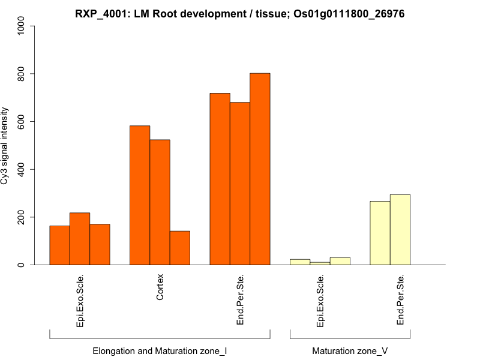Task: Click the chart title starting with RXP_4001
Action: click(239, 13)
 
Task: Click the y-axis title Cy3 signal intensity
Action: click(5, 146)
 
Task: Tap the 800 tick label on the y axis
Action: click(22, 74)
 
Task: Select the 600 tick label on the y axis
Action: click(22, 121)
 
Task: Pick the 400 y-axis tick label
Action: click(22, 169)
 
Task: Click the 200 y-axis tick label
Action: click(22, 217)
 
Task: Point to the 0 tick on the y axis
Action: click(22, 265)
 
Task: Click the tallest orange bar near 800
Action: click(260, 169)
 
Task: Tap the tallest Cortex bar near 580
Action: click(140, 195)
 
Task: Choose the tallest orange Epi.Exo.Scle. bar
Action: click(80, 239)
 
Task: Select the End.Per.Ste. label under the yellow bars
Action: click(400, 299)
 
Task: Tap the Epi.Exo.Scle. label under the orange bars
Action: click(80, 301)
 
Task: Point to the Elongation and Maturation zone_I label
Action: click(160, 350)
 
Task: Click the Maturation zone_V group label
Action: click(350, 350)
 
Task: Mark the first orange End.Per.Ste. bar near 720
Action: click(220, 179)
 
